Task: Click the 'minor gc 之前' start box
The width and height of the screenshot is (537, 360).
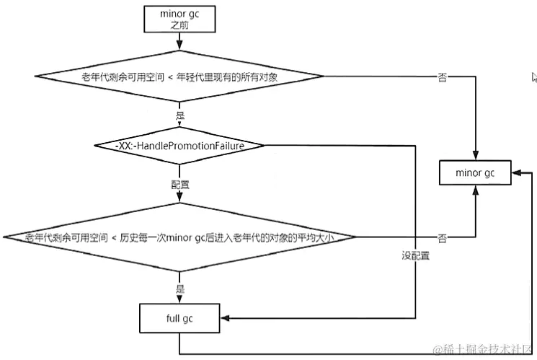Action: click(x=179, y=19)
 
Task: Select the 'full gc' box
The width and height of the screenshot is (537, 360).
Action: click(x=179, y=318)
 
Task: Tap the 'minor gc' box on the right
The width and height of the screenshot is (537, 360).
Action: click(x=475, y=173)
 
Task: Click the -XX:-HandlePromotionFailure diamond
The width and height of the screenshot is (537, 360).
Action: click(x=179, y=146)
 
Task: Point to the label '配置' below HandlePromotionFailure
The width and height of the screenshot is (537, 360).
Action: click(x=180, y=185)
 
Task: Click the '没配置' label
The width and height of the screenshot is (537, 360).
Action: click(x=415, y=255)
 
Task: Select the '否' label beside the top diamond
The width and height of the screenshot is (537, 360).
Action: click(x=442, y=77)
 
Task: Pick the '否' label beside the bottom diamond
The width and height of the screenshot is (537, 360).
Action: click(x=442, y=238)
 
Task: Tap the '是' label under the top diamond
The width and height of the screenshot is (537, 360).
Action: click(x=180, y=115)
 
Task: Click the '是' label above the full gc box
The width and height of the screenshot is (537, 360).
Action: click(x=180, y=289)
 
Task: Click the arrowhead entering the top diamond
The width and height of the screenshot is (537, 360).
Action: click(x=179, y=45)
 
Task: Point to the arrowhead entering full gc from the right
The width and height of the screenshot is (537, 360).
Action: click(x=225, y=318)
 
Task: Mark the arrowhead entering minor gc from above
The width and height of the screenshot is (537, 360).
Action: click(x=475, y=155)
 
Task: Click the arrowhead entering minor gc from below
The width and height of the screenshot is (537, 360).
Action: click(x=475, y=190)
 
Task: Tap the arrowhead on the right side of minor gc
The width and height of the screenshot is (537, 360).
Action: click(x=516, y=173)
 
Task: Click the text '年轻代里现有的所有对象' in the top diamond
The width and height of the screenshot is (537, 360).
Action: click(x=227, y=77)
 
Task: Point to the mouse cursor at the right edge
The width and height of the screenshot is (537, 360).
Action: click(x=534, y=77)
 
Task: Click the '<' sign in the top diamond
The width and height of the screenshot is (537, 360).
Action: click(x=170, y=77)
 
